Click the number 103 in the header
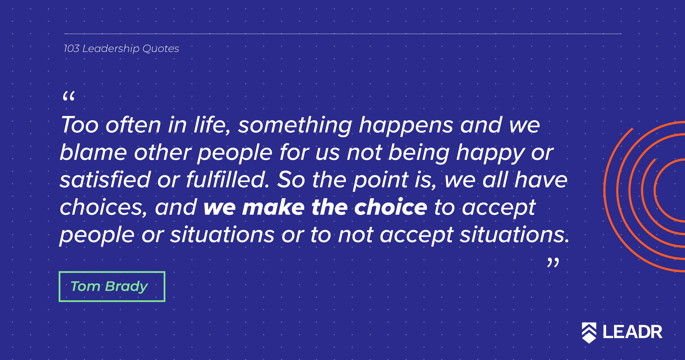[72, 49]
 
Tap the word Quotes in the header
[161, 49]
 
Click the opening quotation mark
[68, 96]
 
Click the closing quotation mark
[553, 262]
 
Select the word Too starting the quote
[79, 125]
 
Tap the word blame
[93, 152]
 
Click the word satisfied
[105, 180]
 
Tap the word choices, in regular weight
[104, 207]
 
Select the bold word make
[273, 207]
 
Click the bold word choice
[390, 207]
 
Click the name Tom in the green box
[85, 287]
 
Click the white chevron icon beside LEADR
[589, 333]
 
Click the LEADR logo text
[632, 332]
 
